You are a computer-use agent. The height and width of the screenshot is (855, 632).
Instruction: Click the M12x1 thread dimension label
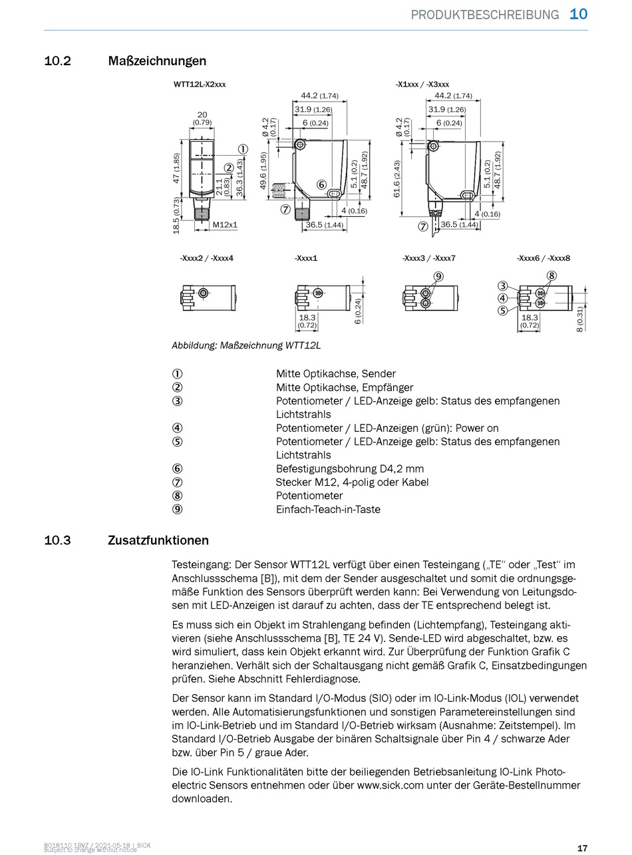point(225,225)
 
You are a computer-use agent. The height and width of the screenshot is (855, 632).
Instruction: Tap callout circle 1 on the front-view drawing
point(243,150)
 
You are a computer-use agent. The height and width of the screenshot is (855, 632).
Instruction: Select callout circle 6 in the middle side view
point(321,184)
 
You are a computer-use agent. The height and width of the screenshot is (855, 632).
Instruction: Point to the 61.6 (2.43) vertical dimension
point(397,179)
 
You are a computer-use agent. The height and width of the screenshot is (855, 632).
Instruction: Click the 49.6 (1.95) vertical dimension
point(263,170)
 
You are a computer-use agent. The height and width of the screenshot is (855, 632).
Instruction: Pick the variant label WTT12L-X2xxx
point(200,85)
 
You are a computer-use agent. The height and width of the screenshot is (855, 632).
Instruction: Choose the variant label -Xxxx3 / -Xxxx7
point(428,258)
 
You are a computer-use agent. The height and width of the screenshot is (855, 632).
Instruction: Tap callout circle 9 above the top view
point(438,276)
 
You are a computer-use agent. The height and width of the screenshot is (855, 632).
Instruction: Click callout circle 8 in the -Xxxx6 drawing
point(552,276)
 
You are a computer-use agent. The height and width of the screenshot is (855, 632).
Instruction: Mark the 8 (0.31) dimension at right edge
point(580,319)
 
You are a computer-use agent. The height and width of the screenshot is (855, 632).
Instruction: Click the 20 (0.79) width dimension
point(202,118)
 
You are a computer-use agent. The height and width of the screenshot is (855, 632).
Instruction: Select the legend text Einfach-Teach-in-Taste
point(328,510)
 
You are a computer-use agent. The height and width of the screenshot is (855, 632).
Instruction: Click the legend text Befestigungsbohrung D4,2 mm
point(349,469)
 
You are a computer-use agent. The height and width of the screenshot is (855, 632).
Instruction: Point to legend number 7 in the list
point(177,482)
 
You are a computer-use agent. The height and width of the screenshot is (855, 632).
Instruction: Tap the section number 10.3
point(57,540)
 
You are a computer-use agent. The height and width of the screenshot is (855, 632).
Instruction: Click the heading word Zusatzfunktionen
point(158,540)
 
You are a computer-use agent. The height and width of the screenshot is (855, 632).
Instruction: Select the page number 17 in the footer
point(582,848)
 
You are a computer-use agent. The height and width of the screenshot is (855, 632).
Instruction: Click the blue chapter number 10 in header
point(579,14)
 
